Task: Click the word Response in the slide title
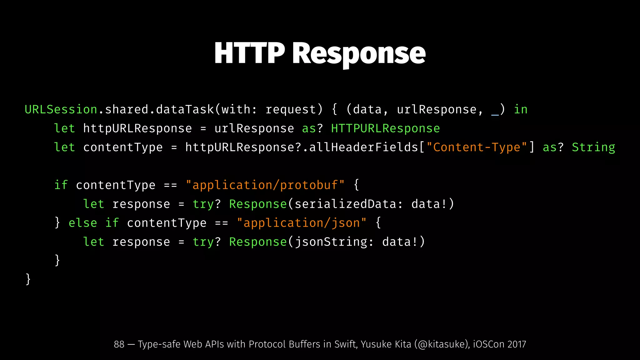pyautogui.click(x=359, y=54)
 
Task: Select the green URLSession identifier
pyautogui.click(x=61, y=109)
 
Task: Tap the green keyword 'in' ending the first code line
pyautogui.click(x=521, y=109)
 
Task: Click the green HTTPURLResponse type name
pyautogui.click(x=385, y=128)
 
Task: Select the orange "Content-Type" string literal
pyautogui.click(x=477, y=147)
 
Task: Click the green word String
pyautogui.click(x=593, y=147)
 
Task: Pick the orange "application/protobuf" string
pyautogui.click(x=265, y=185)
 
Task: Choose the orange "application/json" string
pyautogui.click(x=302, y=223)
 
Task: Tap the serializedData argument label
pyautogui.click(x=345, y=204)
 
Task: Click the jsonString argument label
pyautogui.click(x=331, y=242)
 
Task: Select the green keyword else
pyautogui.click(x=83, y=223)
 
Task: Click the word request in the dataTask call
pyautogui.click(x=291, y=109)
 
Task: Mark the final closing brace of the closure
pyautogui.click(x=28, y=279)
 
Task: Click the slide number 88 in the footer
pyautogui.click(x=119, y=344)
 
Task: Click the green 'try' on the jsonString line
pyautogui.click(x=203, y=242)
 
